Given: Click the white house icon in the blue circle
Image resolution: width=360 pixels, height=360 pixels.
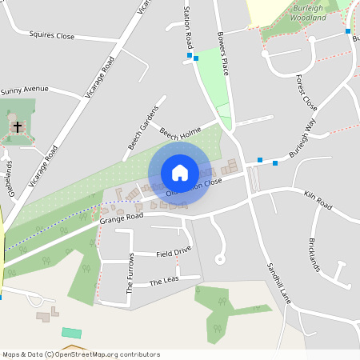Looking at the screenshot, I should coord(180,173).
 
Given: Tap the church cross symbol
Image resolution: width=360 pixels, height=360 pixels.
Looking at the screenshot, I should coord(17,126).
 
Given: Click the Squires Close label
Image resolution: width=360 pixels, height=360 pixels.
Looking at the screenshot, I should coord(51,36).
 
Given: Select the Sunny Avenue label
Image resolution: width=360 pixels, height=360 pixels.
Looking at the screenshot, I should coord(25,90).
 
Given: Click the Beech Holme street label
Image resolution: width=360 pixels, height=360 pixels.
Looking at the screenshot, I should coord(180,135).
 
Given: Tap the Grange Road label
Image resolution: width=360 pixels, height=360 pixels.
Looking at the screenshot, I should coord(122,216).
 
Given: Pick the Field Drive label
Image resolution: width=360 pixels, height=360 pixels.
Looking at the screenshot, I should coord(174,251).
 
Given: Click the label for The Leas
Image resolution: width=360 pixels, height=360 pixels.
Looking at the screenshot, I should coord(165,281).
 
